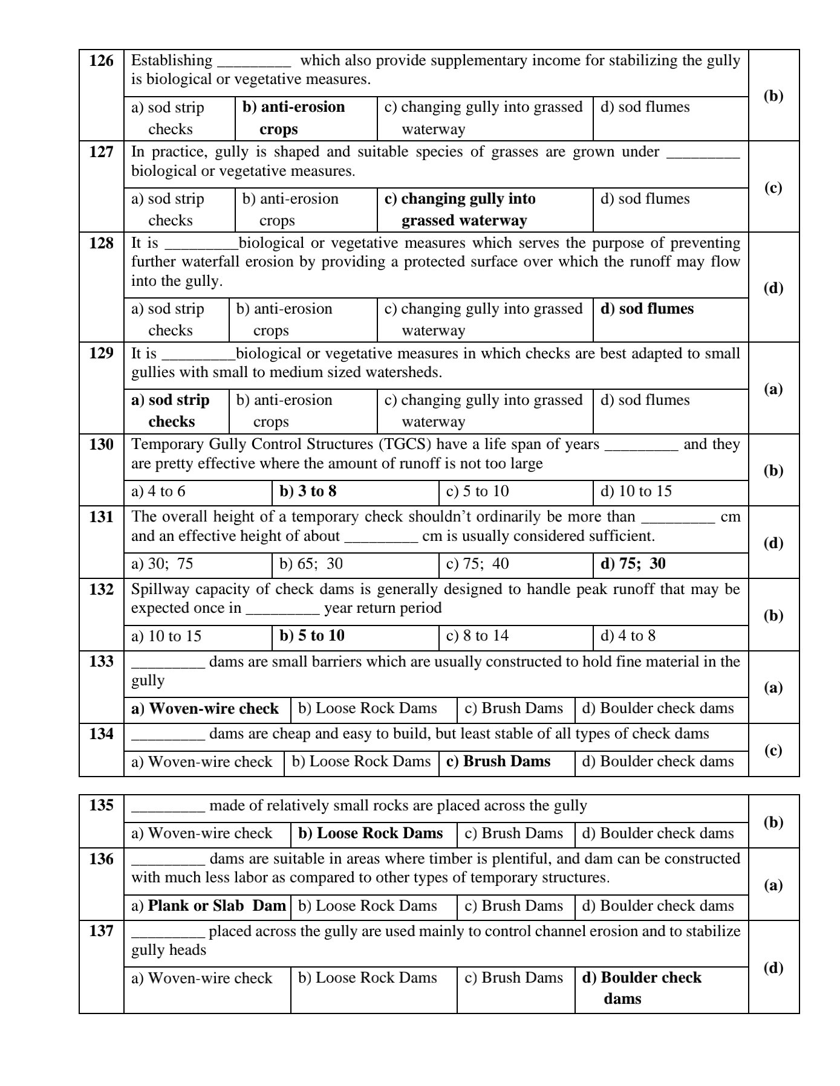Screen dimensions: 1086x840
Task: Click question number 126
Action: pos(101,60)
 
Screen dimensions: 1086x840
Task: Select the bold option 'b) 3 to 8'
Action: pos(308,491)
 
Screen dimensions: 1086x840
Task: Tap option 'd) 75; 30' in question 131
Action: pos(633,564)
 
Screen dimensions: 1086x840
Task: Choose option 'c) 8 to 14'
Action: pos(477,636)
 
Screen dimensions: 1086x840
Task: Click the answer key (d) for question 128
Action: pos(773,288)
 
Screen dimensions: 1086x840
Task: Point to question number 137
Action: pos(101,931)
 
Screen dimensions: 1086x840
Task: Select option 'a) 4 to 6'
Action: pos(158,491)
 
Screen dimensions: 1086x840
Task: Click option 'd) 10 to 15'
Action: pos(636,491)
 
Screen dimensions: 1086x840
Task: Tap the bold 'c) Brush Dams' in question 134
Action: pos(498,761)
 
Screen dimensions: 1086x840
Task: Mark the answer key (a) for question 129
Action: pos(773,389)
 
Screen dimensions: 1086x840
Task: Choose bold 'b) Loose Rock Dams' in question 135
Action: pos(371,833)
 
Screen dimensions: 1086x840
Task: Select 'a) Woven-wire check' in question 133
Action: pos(205,708)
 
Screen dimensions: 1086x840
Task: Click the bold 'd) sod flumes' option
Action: pos(646,309)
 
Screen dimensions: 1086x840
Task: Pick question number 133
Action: pos(101,661)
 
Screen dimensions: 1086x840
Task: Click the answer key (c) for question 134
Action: pos(773,750)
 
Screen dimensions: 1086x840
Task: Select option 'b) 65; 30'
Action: pos(311,564)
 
